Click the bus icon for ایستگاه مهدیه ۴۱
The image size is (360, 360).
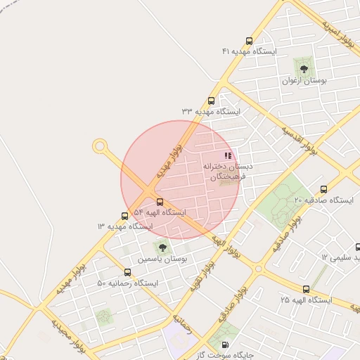click(248, 41)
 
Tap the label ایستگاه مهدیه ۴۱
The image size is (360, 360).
click(250, 52)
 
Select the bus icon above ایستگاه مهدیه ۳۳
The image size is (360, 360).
click(212, 101)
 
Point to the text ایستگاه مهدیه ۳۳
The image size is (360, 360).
click(211, 112)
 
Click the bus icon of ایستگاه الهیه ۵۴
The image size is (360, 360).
click(160, 202)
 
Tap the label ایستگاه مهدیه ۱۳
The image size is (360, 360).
click(125, 226)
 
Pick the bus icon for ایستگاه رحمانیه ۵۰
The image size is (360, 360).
click(127, 273)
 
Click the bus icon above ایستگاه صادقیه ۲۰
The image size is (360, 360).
click(323, 189)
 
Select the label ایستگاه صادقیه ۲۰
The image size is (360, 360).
click(323, 200)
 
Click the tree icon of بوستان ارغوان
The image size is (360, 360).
click(304, 69)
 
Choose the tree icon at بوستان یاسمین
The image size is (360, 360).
click(162, 247)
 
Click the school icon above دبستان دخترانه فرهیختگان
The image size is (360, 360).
click(227, 155)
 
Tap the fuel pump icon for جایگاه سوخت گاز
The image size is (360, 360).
click(225, 345)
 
